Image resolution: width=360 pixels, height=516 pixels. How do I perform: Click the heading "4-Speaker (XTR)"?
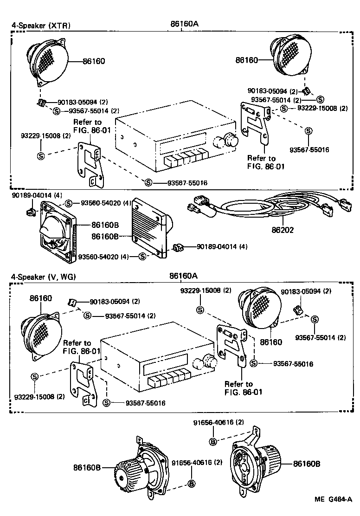pos(41,26)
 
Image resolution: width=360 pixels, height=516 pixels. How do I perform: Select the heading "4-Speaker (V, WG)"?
pos(43,277)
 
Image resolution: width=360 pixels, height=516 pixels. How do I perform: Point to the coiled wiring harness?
pos(260,209)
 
